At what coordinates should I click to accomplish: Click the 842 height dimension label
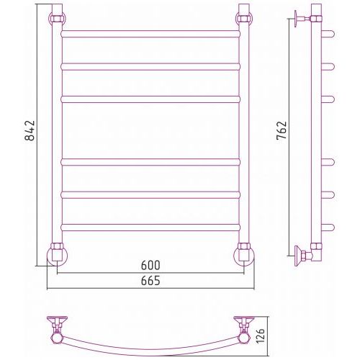point(30,130)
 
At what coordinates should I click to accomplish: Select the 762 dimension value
point(282,130)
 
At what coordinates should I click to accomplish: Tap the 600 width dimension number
point(150,265)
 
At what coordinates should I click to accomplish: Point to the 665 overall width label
point(150,281)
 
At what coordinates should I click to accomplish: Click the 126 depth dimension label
point(260,335)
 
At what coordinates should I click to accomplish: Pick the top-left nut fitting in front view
point(58,19)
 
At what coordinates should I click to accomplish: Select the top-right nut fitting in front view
point(244,19)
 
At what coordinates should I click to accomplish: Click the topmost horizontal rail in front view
point(150,34)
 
